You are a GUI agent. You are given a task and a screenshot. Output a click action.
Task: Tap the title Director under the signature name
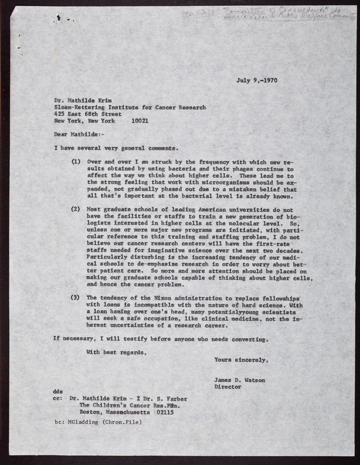click(228, 386)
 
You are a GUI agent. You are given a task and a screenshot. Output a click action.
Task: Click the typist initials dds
click(58, 392)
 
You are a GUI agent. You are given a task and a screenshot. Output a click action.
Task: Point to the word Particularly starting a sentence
click(111, 256)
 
